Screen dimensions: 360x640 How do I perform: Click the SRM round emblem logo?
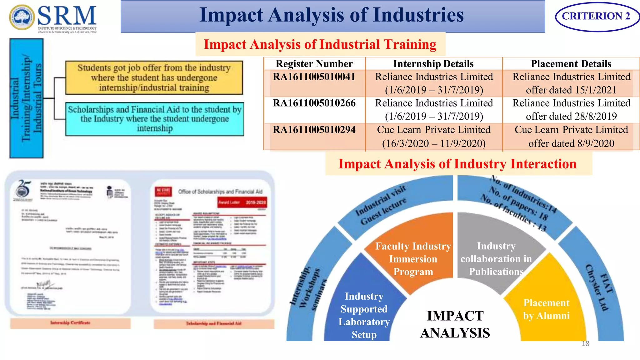pyautogui.click(x=22, y=17)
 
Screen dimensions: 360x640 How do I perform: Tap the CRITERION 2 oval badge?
pyautogui.click(x=596, y=16)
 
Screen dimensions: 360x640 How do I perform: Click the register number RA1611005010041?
pyautogui.click(x=314, y=77)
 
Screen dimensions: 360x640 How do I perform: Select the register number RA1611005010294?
pyautogui.click(x=314, y=130)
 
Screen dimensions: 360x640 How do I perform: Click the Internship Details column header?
pyautogui.click(x=433, y=64)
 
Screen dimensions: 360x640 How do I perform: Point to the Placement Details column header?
pyautogui.click(x=571, y=64)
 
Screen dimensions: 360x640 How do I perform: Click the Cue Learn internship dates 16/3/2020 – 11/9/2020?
pyautogui.click(x=434, y=143)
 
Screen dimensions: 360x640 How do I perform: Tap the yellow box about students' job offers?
pyautogui.click(x=154, y=78)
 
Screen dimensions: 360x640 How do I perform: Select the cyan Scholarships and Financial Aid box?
pyautogui.click(x=155, y=119)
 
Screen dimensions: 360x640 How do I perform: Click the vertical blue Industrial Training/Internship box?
pyautogui.click(x=27, y=98)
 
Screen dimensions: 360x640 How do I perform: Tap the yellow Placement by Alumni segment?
pyautogui.click(x=546, y=309)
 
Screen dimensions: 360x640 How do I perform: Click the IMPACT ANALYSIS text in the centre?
pyautogui.click(x=455, y=324)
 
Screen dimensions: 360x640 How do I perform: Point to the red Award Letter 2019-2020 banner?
pyautogui.click(x=242, y=202)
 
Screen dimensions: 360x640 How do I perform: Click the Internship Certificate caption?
pyautogui.click(x=70, y=323)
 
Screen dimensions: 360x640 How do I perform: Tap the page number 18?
pyautogui.click(x=585, y=344)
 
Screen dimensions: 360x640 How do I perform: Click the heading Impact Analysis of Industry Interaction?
pyautogui.click(x=457, y=164)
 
